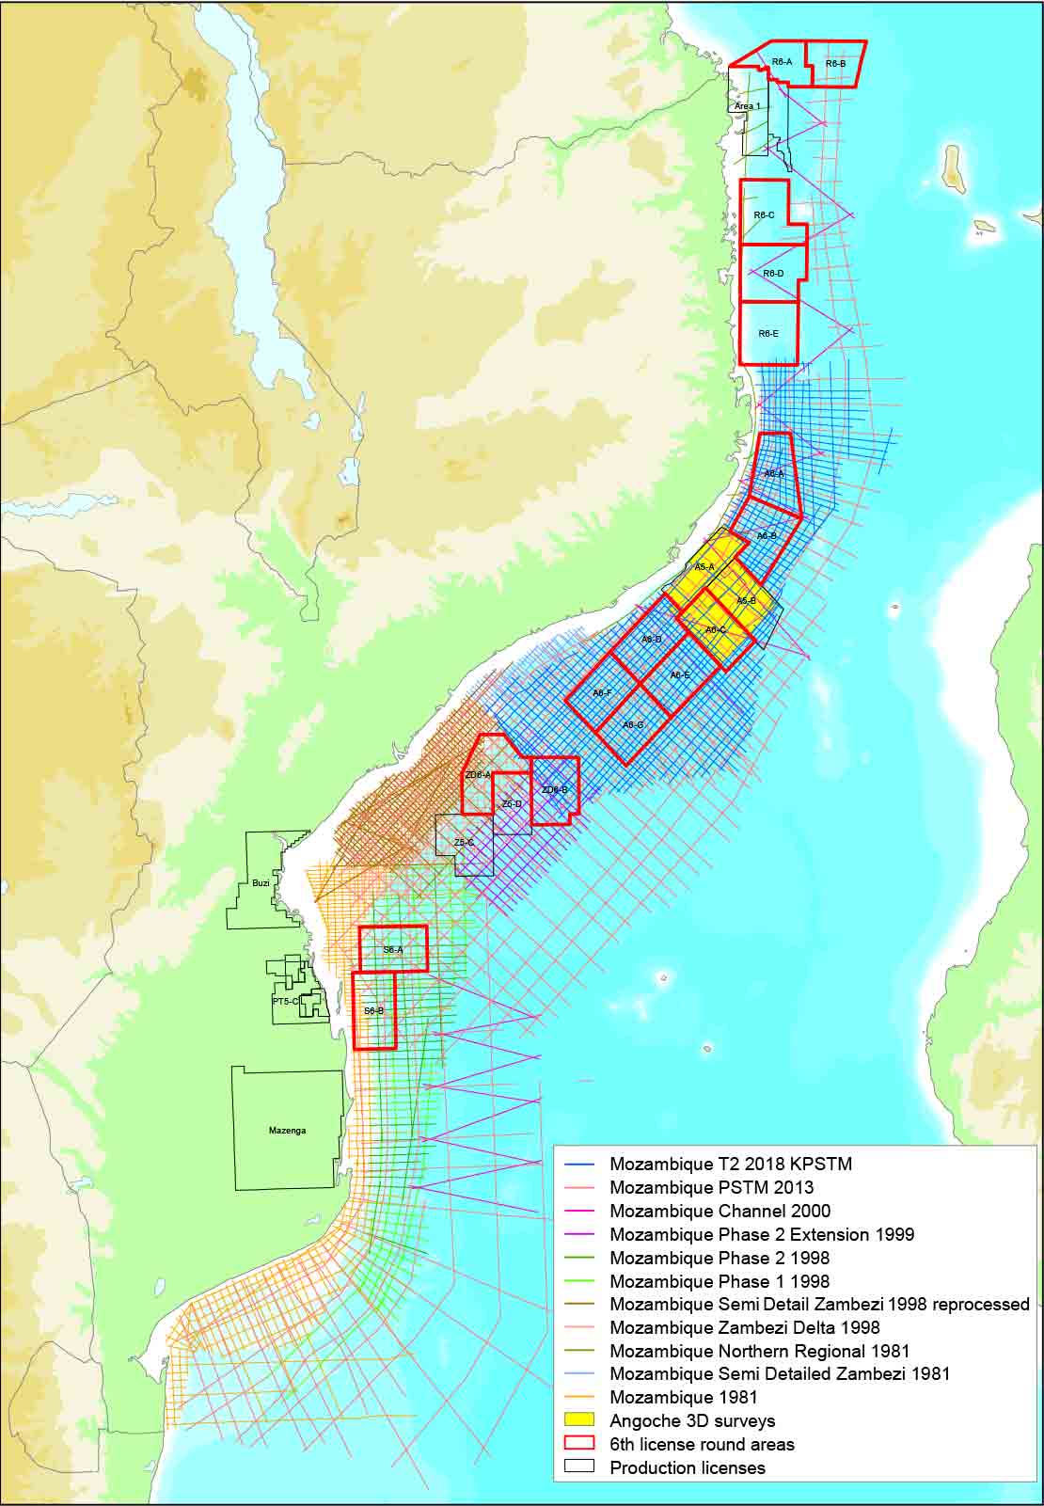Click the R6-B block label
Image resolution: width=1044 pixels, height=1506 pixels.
[x=835, y=64]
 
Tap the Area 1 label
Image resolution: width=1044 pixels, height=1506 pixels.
[x=747, y=106]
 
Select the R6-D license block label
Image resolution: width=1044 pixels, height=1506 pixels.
[x=773, y=274]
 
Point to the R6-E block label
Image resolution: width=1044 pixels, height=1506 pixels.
[x=768, y=333]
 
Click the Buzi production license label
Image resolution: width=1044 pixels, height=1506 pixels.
[x=261, y=883]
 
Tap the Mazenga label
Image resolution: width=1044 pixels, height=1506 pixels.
[x=287, y=1132]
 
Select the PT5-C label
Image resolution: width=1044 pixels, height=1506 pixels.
[x=285, y=1002]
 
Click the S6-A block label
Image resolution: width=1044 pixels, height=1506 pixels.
[x=393, y=950]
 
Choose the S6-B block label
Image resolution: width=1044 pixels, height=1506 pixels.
[x=373, y=1010]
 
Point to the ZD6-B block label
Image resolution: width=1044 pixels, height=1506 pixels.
[x=554, y=790]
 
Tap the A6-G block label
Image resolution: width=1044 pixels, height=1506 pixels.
[x=633, y=725]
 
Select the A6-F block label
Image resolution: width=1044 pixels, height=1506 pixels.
[x=603, y=693]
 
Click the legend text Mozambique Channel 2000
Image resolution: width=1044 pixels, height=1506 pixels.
[x=720, y=1211]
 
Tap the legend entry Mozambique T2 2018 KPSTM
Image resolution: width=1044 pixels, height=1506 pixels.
[x=730, y=1164]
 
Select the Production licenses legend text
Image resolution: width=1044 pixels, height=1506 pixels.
[x=688, y=1467]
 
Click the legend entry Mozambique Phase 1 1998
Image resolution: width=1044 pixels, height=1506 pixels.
[x=720, y=1281]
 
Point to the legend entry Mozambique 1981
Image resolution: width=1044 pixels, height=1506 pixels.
[x=684, y=1397]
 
